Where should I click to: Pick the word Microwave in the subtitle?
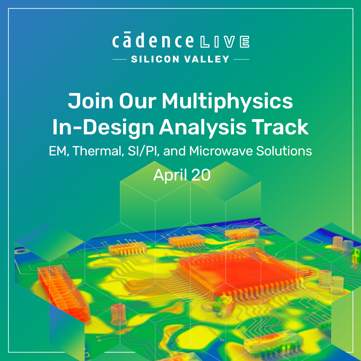pyautogui.click(x=221, y=151)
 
